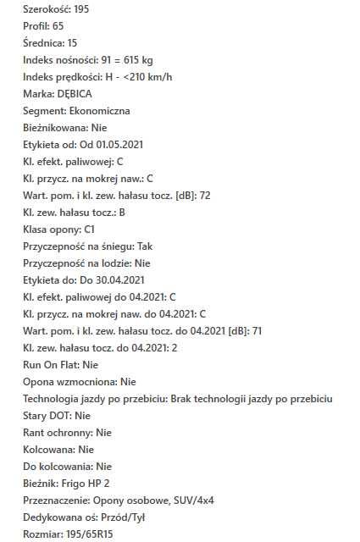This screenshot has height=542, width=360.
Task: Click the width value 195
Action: [79, 9]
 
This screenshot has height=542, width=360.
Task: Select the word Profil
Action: [36, 26]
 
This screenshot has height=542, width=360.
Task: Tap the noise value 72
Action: [229, 196]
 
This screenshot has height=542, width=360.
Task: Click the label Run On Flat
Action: [50, 365]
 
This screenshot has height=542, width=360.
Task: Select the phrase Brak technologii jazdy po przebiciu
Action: [252, 399]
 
